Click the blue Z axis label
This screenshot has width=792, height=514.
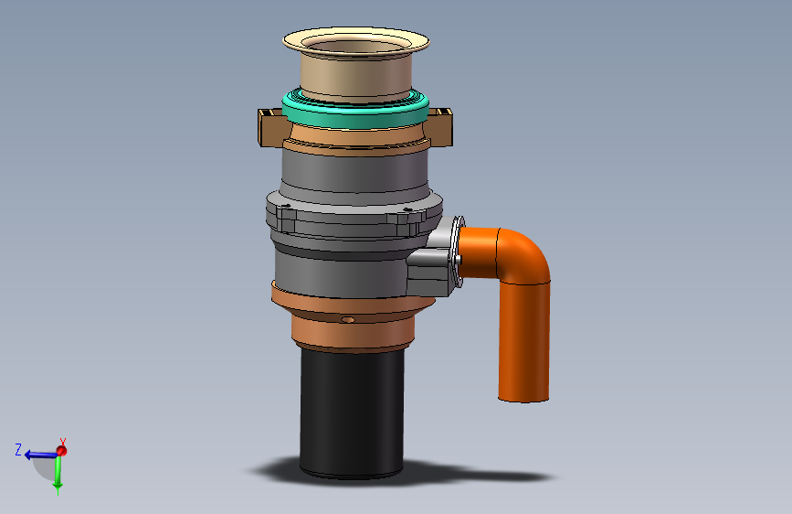(x=18, y=450)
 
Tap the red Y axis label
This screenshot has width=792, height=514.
(x=63, y=442)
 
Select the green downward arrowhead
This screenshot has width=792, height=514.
(x=58, y=487)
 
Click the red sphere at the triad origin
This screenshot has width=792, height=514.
(x=61, y=451)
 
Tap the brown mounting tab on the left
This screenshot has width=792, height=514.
(x=270, y=126)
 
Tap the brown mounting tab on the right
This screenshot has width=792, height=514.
(x=440, y=126)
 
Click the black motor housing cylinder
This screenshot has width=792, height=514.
(x=352, y=412)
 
